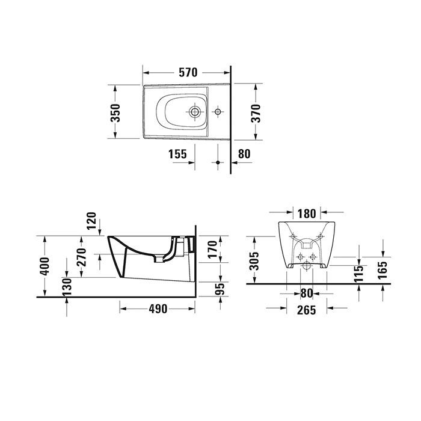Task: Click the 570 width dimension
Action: click(x=188, y=73)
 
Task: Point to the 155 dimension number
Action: click(x=177, y=153)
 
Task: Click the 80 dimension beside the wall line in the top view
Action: click(x=244, y=153)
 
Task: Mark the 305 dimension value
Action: click(x=255, y=260)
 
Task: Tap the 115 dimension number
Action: click(x=359, y=274)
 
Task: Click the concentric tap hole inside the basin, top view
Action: click(x=195, y=112)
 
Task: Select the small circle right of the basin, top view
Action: click(x=218, y=112)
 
